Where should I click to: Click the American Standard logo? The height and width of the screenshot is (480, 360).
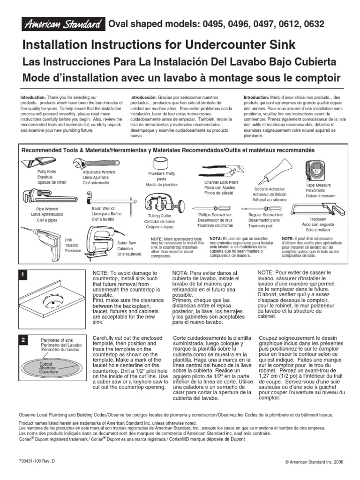pos(63,24)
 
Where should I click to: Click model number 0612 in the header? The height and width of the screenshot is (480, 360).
pos(289,24)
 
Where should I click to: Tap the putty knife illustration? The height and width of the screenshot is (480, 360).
pos(39,162)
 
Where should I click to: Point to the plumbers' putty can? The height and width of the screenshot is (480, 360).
pos(161,164)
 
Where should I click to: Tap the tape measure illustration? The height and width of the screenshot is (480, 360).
pos(316,172)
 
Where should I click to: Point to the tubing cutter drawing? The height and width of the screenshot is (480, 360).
pos(165,203)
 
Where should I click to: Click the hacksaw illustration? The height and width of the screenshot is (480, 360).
pos(318,210)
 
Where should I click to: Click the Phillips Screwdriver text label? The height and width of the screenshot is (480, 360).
pos(215,215)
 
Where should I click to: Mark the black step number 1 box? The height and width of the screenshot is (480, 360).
pos(23,275)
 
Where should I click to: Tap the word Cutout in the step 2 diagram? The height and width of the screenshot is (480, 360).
pos(46,364)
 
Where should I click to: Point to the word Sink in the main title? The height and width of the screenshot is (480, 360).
pos(281,45)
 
